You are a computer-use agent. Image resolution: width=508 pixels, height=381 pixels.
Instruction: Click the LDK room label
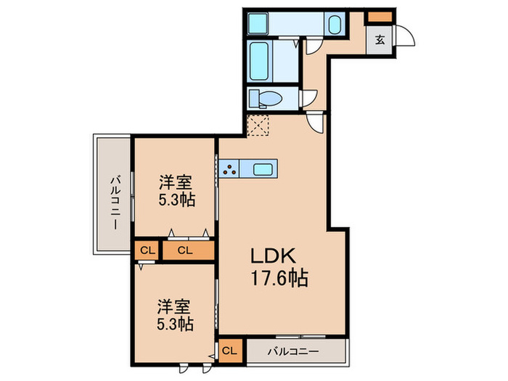coord(273,255)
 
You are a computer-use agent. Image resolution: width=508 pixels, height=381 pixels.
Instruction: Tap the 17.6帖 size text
coord(279,278)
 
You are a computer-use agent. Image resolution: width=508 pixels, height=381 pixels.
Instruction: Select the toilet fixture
coord(266,98)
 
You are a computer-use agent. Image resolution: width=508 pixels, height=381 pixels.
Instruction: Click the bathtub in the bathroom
coord(259,61)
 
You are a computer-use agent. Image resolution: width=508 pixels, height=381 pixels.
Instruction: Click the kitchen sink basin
coord(263,169)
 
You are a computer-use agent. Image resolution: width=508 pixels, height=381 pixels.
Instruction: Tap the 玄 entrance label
coord(380,40)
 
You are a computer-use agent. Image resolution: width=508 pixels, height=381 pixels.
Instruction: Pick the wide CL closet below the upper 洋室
coord(188,250)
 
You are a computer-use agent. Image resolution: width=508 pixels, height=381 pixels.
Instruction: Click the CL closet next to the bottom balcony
coord(230,351)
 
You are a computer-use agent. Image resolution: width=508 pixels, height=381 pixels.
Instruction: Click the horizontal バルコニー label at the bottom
coord(293,351)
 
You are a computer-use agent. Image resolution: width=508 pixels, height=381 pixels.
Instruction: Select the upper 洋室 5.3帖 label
coord(176,191)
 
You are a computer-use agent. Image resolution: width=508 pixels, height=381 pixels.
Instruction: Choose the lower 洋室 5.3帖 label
coord(176,315)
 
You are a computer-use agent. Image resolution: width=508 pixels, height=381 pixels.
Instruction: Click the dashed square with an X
coord(258,125)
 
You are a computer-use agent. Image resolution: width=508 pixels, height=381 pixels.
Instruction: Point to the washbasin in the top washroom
coord(335,24)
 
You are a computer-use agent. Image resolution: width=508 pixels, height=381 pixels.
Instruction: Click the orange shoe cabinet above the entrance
coord(379,17)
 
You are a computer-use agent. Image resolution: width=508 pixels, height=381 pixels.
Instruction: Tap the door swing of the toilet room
coord(309,98)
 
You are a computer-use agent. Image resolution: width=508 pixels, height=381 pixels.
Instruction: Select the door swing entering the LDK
coord(315,122)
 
